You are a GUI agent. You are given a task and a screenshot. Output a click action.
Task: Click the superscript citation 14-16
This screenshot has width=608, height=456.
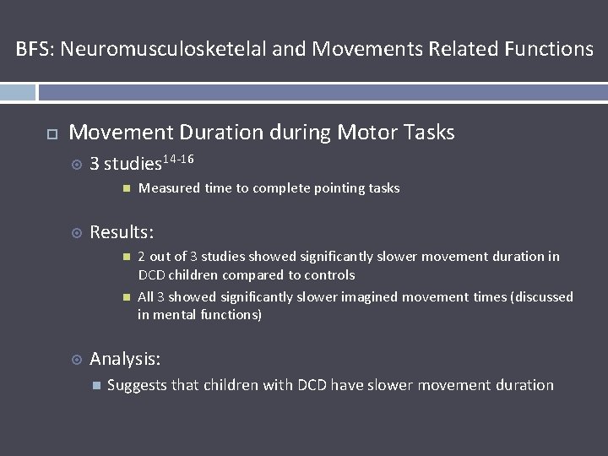180,159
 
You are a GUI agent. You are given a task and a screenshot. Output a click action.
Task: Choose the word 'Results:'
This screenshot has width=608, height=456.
122,232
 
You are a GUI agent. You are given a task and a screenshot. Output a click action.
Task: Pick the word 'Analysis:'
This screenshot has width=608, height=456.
125,360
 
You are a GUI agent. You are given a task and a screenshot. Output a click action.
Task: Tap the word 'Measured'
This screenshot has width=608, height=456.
169,188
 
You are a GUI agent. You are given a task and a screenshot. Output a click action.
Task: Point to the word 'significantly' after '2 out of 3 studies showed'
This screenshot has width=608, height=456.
328,257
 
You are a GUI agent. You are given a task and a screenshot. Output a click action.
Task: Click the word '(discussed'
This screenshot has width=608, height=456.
541,297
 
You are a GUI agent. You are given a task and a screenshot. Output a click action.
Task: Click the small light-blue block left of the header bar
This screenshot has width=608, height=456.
18,92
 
